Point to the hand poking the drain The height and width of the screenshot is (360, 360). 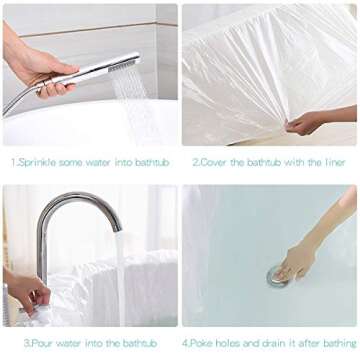[x=305, y=260]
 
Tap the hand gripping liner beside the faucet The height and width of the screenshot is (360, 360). [x=27, y=292]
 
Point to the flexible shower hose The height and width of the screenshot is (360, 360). [x=14, y=100]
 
